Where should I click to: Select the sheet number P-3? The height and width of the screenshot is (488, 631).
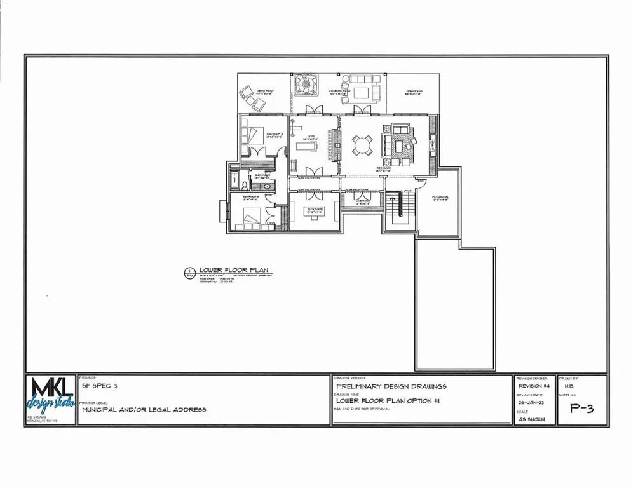pos(581,409)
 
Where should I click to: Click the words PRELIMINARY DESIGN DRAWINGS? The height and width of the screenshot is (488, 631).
pos(391,386)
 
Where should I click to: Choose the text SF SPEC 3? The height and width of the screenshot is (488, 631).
pos(100,386)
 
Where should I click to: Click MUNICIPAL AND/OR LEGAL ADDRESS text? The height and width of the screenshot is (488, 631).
pos(144,410)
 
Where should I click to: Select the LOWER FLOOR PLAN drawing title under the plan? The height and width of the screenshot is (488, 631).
pos(227,270)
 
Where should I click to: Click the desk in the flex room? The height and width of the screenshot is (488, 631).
pos(314,214)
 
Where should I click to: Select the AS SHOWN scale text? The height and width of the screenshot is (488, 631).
pos(532,419)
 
